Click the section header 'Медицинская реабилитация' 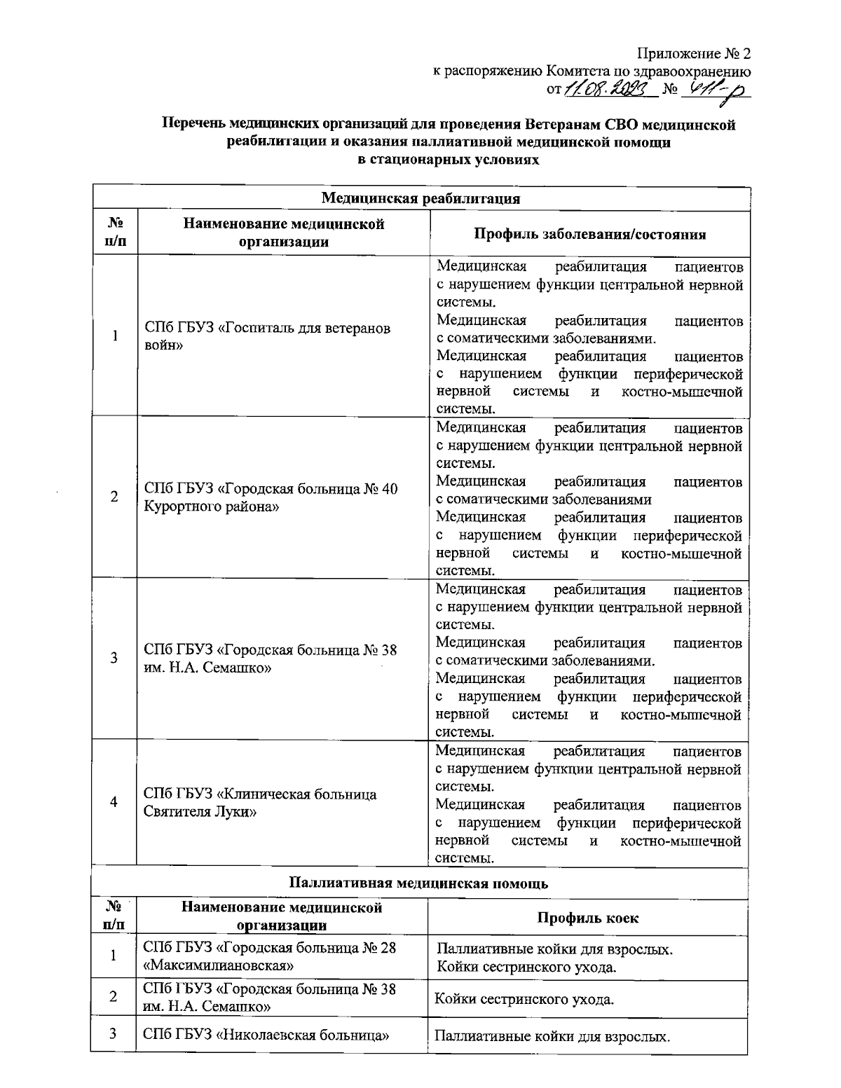420,198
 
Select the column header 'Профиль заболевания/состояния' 589,234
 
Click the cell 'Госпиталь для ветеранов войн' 267,337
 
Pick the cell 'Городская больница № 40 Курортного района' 271,497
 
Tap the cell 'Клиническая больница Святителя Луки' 259,804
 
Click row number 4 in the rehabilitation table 114,803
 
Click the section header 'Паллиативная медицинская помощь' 418,883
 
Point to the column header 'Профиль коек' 587,917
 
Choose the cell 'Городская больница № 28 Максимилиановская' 269,957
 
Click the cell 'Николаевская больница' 266,1035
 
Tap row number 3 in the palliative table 113,1034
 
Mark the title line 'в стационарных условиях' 449,160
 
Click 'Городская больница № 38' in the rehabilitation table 270,650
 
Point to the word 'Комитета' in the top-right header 574,71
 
